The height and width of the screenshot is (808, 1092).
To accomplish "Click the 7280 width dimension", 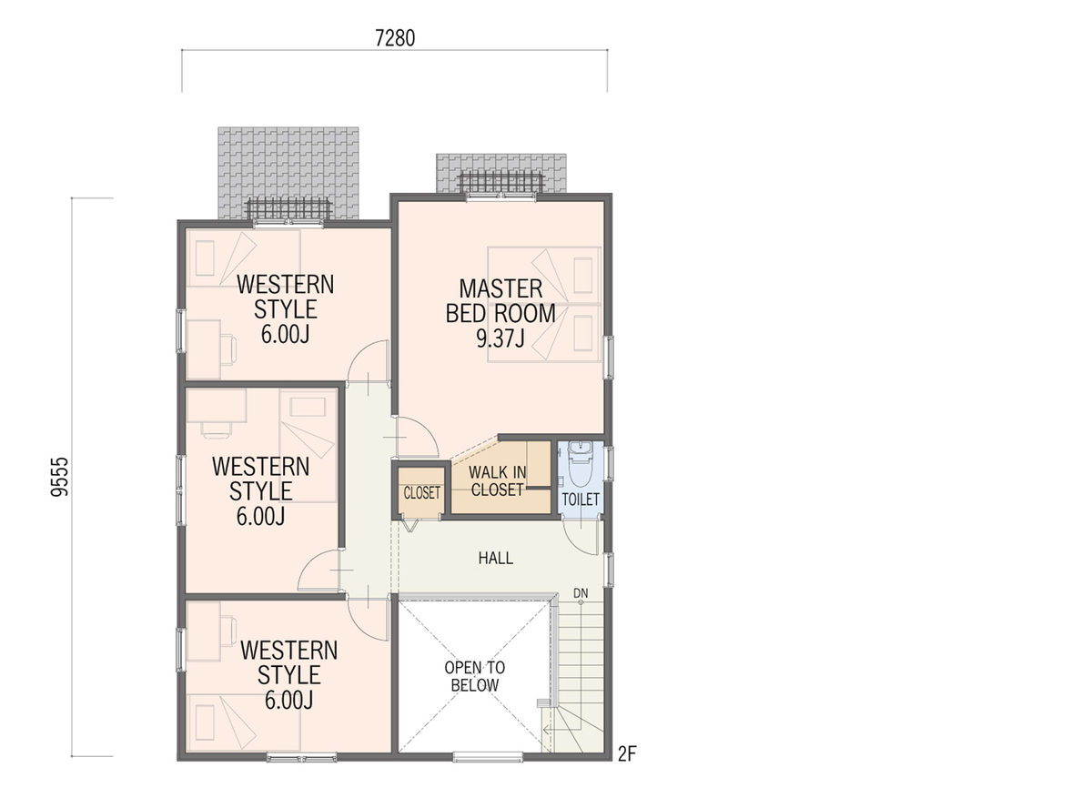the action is [x=395, y=38].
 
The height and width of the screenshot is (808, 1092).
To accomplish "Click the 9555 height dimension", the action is [x=60, y=477].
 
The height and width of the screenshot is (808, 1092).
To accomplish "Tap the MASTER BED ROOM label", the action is [x=500, y=301].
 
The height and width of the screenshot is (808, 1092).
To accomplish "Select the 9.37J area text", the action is [x=500, y=338].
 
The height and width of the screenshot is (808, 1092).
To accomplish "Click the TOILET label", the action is [x=581, y=500].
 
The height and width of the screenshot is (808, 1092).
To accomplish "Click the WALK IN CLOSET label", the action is [x=497, y=481].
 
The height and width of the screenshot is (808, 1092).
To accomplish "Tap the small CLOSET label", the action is [x=422, y=493].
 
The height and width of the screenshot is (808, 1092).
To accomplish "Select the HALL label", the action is [x=496, y=558].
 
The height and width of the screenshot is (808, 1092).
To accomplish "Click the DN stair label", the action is [x=581, y=593].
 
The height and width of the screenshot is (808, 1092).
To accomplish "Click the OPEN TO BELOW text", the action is [x=475, y=677].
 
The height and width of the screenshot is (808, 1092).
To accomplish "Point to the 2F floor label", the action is [x=627, y=753].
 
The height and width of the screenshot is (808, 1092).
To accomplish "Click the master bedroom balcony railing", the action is [x=501, y=183].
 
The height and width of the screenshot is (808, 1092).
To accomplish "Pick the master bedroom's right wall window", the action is [x=609, y=358].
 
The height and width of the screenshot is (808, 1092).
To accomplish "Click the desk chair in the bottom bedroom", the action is [x=228, y=631].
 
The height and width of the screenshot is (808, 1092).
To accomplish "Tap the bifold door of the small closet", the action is [x=409, y=525].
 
